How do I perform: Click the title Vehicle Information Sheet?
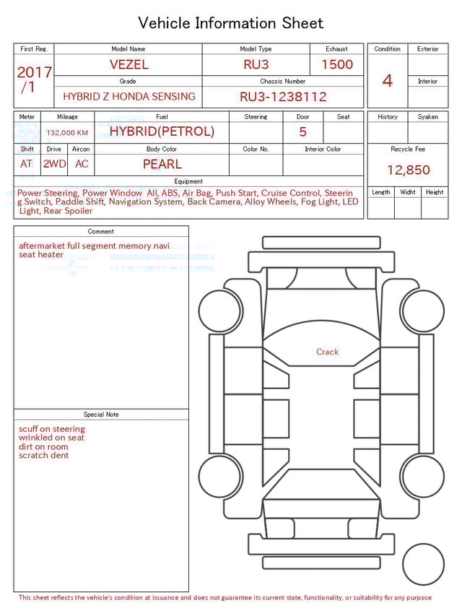(x=231, y=23)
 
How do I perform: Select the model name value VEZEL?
(x=128, y=64)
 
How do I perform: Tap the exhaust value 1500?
(x=337, y=64)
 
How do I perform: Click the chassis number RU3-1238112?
(x=283, y=97)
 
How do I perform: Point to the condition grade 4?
(x=388, y=81)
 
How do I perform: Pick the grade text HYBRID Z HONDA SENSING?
(x=128, y=97)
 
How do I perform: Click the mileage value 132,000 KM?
(x=67, y=133)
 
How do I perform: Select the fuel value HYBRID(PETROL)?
(x=162, y=131)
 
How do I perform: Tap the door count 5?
(x=302, y=132)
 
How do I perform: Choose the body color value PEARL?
(x=162, y=164)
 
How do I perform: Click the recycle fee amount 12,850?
(x=408, y=170)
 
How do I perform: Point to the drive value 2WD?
(x=54, y=164)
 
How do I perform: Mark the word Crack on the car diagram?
(x=327, y=352)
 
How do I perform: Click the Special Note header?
(x=101, y=415)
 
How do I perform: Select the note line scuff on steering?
(x=52, y=429)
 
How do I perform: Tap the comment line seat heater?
(x=41, y=255)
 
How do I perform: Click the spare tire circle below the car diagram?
(x=423, y=565)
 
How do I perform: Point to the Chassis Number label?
(x=283, y=82)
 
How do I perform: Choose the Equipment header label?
(x=188, y=181)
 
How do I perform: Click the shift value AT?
(x=27, y=164)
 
